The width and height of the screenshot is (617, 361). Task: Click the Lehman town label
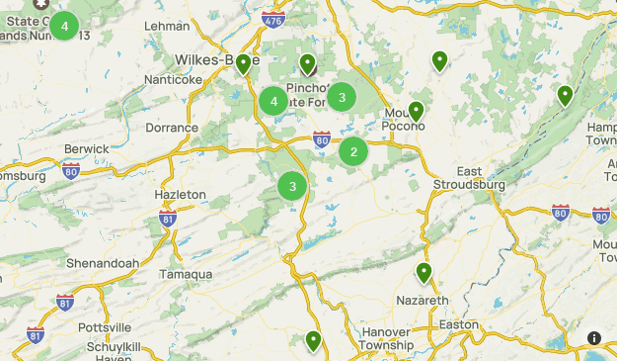166,26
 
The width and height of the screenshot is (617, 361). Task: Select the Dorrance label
172,128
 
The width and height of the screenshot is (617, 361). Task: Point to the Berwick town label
86,148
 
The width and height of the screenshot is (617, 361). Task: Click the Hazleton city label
181,195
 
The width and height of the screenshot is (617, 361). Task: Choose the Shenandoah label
100,263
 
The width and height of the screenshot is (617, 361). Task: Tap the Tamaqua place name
185,274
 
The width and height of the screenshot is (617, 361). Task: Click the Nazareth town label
422,300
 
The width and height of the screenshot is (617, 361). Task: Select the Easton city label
458,324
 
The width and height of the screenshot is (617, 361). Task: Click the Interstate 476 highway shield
272,19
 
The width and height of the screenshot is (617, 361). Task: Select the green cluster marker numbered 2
353,151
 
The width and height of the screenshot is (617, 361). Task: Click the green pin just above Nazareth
424,273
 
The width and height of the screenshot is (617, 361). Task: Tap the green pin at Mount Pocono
417,111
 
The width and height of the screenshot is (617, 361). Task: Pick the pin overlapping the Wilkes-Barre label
244,64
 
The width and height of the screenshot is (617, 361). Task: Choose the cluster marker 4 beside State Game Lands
64,26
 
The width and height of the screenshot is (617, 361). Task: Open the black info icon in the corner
594,338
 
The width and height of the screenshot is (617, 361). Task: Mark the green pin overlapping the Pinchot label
308,64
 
